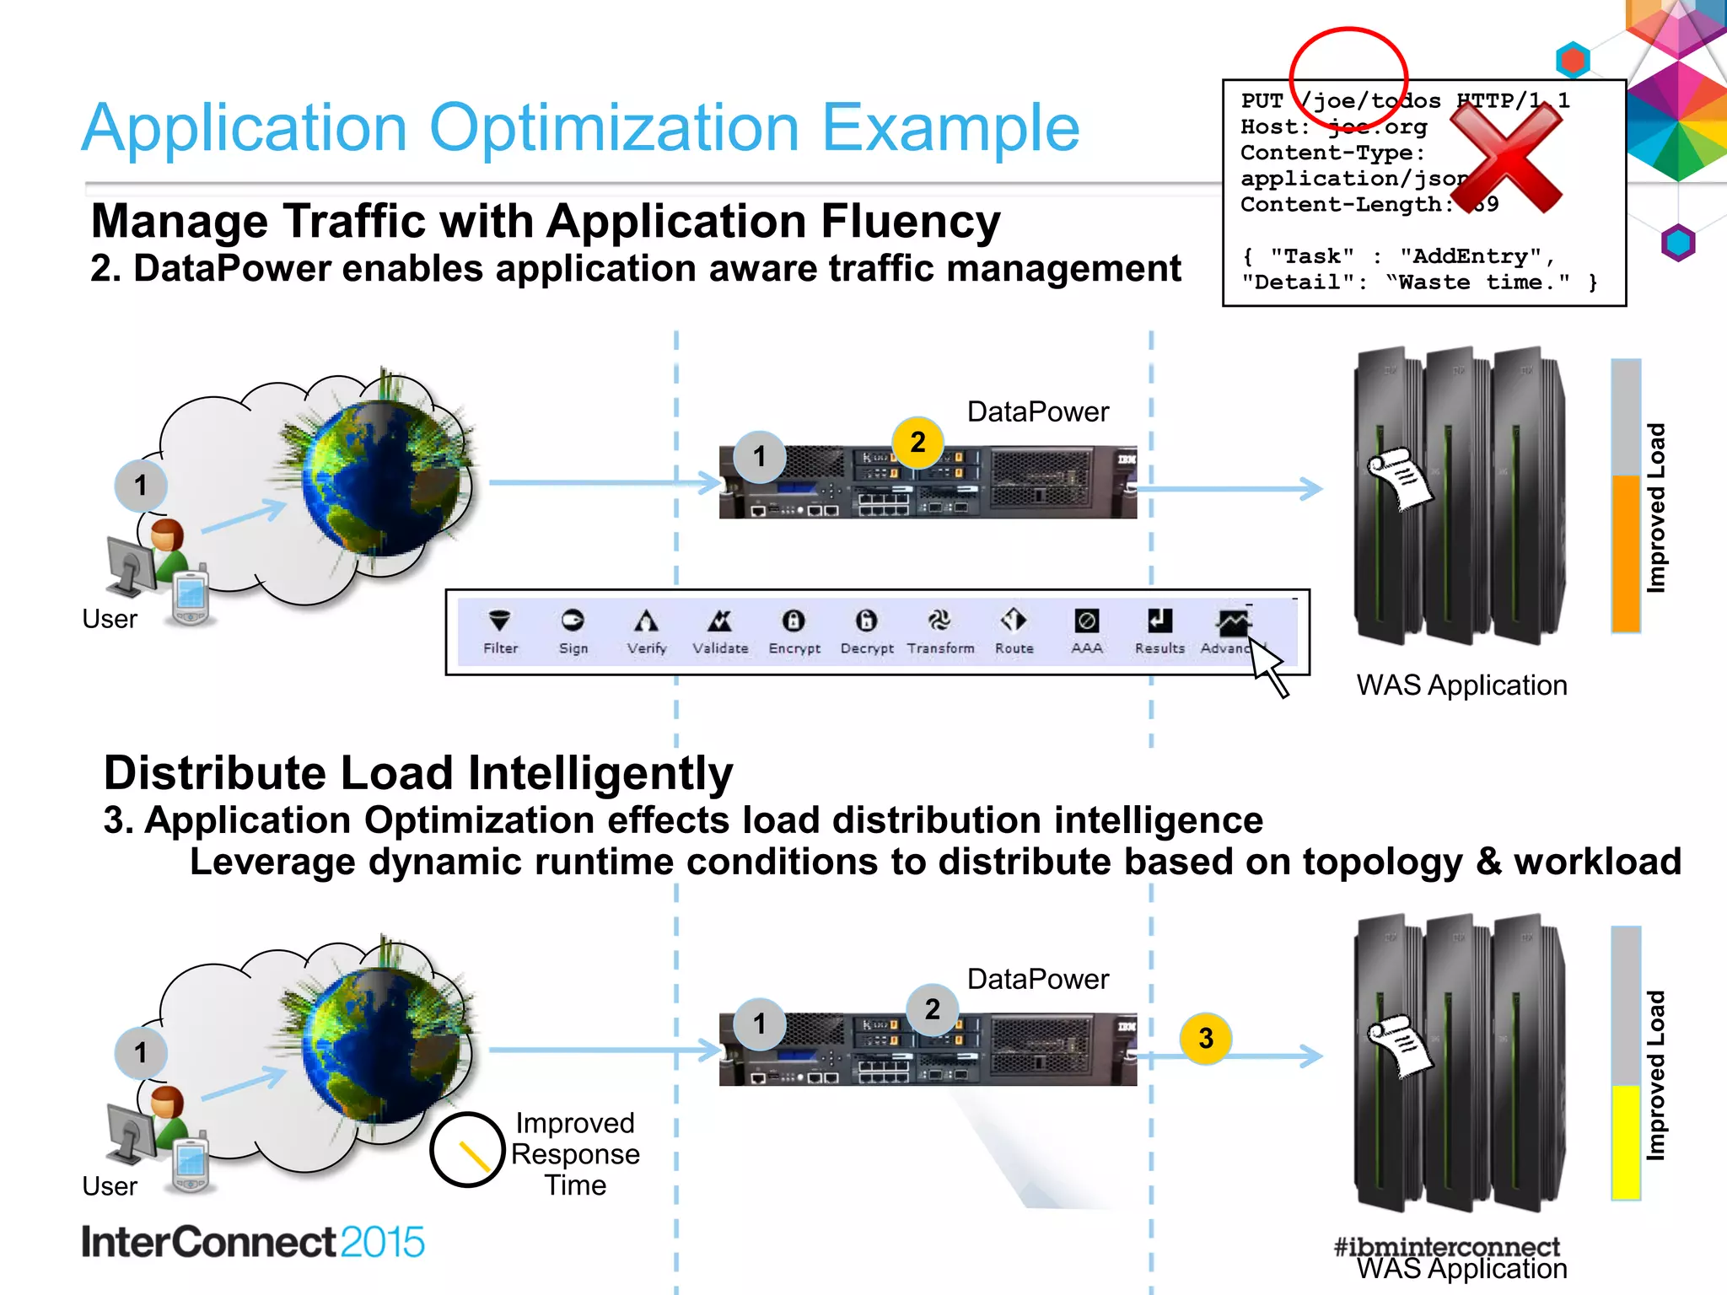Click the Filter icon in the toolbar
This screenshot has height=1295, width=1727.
(499, 622)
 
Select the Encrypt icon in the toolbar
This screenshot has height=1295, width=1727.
(794, 622)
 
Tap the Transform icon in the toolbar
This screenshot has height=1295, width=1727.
(939, 622)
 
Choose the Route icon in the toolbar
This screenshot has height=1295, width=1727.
(1014, 621)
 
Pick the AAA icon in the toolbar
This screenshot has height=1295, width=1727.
(1086, 622)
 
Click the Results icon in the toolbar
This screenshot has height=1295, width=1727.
(1159, 622)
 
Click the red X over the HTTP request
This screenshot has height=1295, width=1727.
(1507, 158)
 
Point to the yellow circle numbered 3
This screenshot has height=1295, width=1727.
(1205, 1039)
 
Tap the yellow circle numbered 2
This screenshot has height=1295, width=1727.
(917, 442)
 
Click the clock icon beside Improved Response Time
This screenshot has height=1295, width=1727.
(467, 1150)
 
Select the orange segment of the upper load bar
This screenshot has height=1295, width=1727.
(1625, 553)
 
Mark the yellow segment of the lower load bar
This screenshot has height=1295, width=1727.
(1625, 1142)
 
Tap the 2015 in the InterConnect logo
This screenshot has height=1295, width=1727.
(382, 1243)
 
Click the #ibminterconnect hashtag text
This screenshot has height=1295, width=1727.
(1446, 1246)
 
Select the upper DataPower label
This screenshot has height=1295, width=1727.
(1037, 411)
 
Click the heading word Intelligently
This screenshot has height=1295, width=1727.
(600, 773)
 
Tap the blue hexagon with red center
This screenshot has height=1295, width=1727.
(1573, 60)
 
